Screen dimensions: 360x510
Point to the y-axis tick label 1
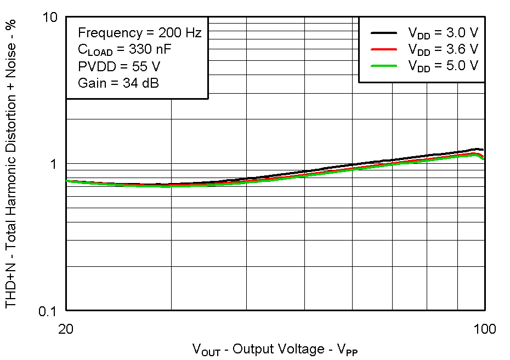(x=54, y=164)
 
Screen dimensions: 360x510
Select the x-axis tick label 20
(x=66, y=329)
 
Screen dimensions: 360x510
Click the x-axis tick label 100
(x=484, y=329)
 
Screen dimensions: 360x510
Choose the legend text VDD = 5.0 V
(x=443, y=66)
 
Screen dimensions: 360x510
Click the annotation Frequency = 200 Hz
(x=140, y=33)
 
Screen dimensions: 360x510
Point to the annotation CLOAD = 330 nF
(x=124, y=50)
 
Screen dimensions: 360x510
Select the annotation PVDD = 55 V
(x=119, y=67)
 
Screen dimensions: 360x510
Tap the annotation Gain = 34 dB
(x=118, y=84)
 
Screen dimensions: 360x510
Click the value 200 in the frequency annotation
(x=167, y=33)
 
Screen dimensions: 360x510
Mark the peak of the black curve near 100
(x=476, y=149)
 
